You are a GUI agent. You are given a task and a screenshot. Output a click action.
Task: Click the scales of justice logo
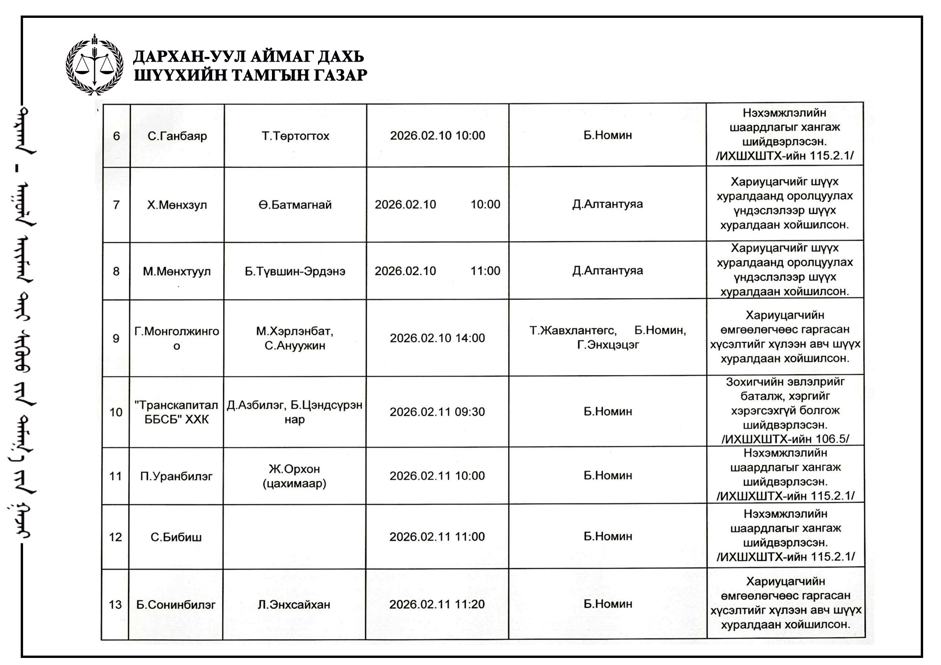95,65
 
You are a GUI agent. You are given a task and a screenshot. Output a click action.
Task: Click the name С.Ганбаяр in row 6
177,136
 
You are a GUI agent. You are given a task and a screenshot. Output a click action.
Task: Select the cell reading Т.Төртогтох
295,136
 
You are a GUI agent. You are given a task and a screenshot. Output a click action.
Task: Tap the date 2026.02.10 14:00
437,338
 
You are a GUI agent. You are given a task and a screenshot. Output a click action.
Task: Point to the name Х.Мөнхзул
177,205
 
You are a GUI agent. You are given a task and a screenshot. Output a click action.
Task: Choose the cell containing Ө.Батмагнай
295,205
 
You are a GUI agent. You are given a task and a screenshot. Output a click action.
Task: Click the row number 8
116,271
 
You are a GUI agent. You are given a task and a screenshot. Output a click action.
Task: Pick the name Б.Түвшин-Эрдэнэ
295,271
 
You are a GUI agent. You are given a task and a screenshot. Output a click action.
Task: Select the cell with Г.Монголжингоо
176,338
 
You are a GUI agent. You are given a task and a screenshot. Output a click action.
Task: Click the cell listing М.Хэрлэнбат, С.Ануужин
295,338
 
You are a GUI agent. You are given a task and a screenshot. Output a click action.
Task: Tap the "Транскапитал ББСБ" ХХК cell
176,412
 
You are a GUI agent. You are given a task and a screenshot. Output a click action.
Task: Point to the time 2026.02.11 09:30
437,412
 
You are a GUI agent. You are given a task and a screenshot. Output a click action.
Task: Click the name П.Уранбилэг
176,476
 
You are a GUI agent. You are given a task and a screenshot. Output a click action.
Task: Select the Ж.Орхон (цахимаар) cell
295,476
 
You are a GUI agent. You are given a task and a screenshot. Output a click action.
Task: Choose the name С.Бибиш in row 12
176,537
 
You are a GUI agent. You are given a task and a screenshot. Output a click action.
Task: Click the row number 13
115,604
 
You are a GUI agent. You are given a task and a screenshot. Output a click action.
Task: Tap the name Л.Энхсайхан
294,604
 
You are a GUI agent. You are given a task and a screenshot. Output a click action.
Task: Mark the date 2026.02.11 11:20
437,604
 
